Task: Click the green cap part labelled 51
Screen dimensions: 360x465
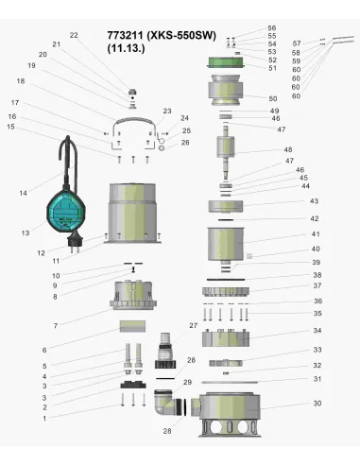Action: (226, 62)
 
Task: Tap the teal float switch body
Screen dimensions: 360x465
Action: (66, 212)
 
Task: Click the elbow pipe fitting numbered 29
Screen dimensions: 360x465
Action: (165, 403)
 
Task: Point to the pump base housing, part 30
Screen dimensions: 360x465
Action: (230, 415)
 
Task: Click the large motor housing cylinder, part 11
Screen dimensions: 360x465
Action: (132, 214)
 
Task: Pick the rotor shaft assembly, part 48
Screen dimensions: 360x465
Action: (226, 151)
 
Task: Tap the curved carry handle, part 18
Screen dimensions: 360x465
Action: (133, 122)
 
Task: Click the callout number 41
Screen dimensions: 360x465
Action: (316, 234)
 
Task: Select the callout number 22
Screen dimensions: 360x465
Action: (74, 35)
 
